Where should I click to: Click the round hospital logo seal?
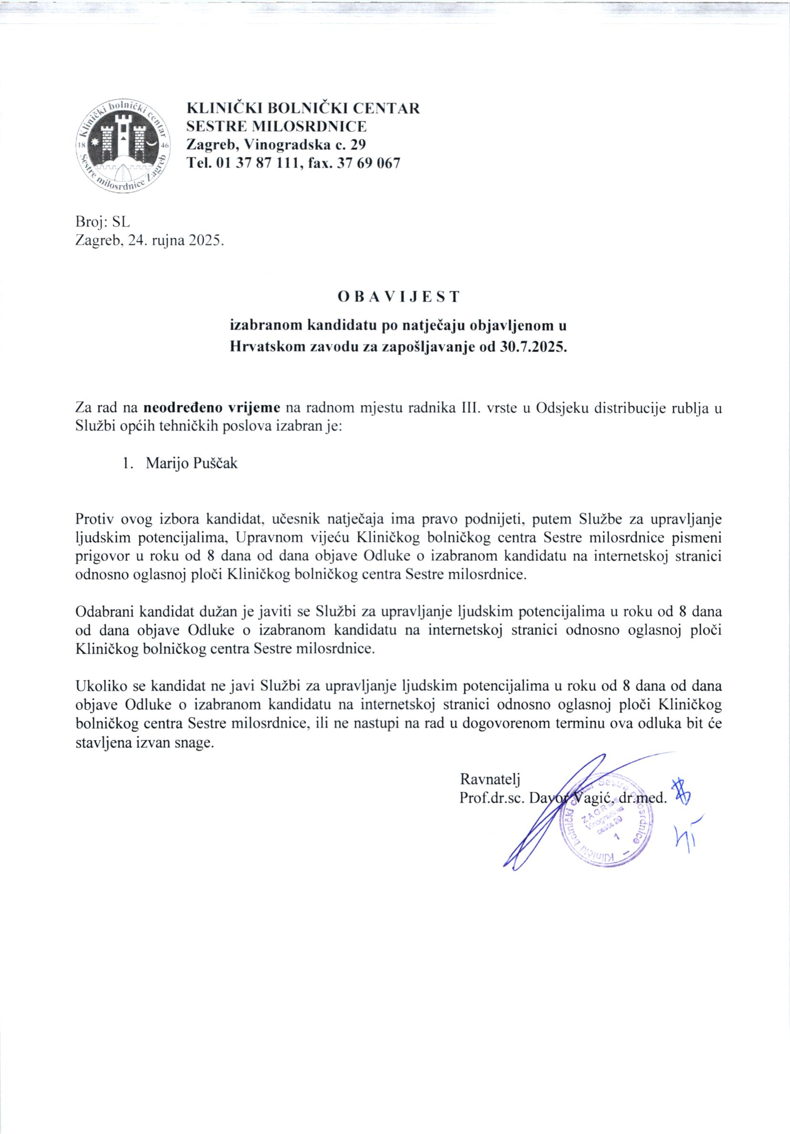pyautogui.click(x=124, y=147)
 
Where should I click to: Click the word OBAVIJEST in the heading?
pyautogui.click(x=398, y=296)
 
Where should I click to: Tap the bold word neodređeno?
pyautogui.click(x=179, y=408)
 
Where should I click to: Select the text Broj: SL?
pyautogui.click(x=102, y=223)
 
